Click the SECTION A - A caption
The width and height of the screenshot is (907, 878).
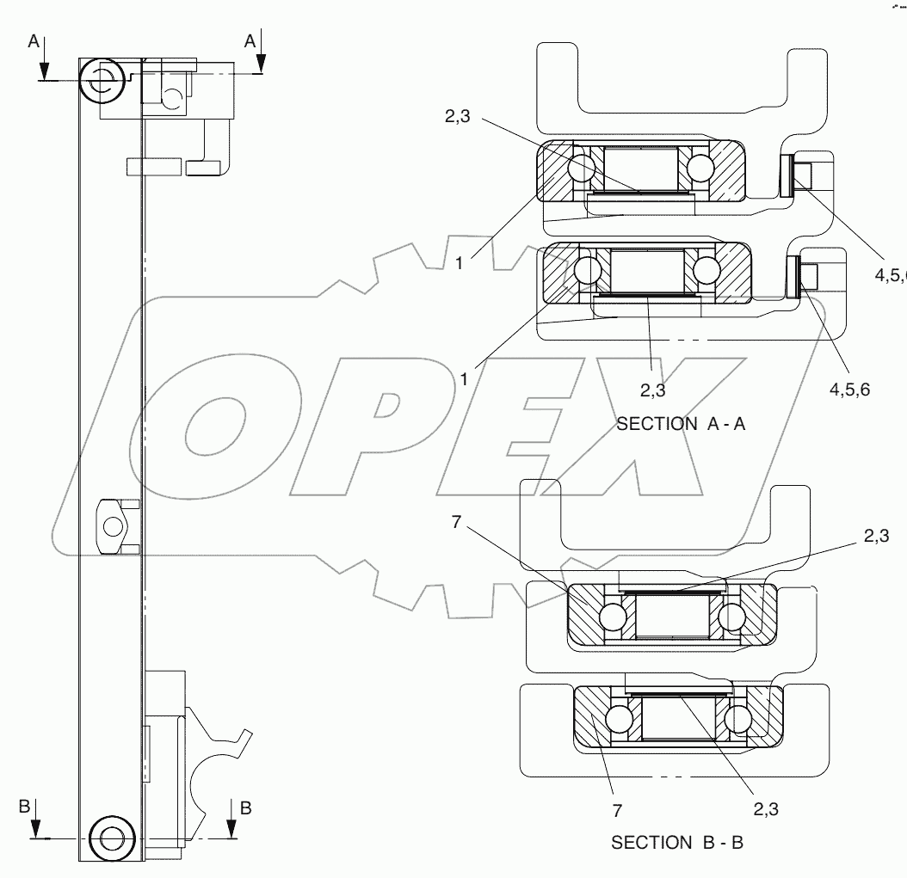tap(681, 423)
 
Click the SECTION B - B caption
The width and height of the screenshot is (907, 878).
tap(677, 843)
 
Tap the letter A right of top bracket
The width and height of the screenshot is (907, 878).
tap(250, 40)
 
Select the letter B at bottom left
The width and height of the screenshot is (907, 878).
tap(25, 807)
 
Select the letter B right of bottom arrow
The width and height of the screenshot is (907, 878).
tap(246, 807)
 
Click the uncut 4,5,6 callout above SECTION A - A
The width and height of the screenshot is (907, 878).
tap(850, 389)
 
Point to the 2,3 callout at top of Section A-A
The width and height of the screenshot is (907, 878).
tap(458, 120)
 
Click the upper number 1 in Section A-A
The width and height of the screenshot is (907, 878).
tap(460, 264)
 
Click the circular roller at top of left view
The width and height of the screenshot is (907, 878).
tap(102, 81)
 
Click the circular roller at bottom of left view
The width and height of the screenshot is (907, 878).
tap(111, 837)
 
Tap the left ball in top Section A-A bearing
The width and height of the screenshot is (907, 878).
tap(582, 166)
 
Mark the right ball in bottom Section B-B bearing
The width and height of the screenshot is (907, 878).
tap(738, 717)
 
